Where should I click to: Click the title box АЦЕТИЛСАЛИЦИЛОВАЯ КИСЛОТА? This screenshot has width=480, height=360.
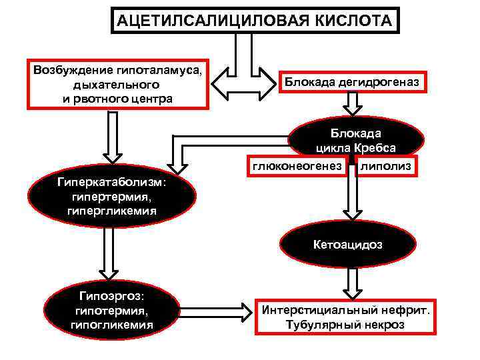coord(255,20)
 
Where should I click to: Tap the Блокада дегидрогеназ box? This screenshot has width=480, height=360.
coord(353,81)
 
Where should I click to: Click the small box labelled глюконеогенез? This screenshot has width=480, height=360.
coord(297,164)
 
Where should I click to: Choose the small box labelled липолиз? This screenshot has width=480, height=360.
coord(386,164)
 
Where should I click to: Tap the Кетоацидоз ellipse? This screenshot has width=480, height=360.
coord(348,245)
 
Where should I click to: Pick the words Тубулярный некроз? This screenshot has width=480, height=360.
coord(346,325)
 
